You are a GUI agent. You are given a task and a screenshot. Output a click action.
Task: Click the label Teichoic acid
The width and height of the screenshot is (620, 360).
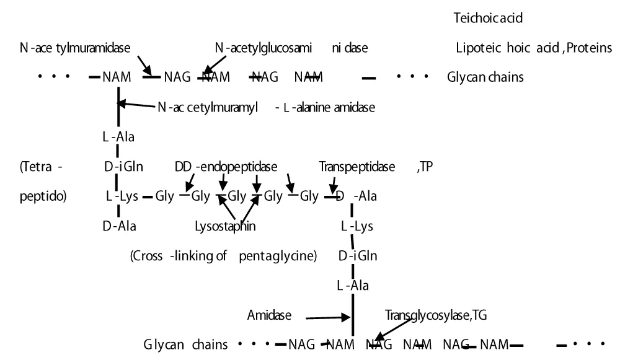pos(489,18)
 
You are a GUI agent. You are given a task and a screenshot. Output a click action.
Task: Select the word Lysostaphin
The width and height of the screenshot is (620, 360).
pos(225,226)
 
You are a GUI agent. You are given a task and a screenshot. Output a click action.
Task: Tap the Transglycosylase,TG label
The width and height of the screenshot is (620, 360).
pos(436,315)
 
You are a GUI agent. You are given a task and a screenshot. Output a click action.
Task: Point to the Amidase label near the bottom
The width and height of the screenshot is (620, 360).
pos(269,315)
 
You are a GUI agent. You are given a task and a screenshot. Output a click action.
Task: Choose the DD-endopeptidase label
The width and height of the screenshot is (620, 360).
pos(226,167)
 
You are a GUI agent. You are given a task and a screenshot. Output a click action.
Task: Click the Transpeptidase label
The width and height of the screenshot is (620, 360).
pos(357,167)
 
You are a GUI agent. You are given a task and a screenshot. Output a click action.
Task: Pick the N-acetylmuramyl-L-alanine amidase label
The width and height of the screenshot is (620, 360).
pos(266,107)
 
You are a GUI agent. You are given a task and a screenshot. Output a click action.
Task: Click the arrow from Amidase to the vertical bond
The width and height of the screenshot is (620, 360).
pos(329,318)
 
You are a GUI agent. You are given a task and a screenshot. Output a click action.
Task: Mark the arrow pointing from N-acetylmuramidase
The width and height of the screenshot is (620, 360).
pos(145,63)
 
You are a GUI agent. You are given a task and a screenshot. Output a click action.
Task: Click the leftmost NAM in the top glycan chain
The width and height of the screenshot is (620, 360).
pos(117,77)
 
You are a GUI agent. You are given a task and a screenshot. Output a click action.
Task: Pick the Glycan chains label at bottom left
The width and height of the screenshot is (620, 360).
pos(185,345)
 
